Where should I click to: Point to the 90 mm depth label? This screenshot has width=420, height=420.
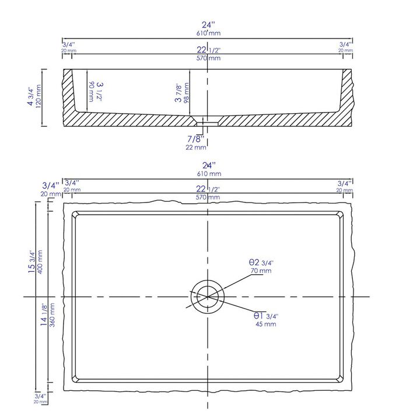(x=92, y=92)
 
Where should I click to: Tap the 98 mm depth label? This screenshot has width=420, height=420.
(x=187, y=92)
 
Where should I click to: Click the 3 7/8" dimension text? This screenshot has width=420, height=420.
(x=178, y=92)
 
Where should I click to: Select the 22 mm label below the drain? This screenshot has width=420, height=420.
(x=196, y=147)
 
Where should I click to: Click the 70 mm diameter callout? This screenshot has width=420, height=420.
(x=261, y=271)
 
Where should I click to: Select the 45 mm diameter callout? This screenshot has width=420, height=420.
(x=266, y=324)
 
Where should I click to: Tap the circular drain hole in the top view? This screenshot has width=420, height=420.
(x=208, y=296)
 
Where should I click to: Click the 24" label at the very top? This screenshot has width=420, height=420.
(x=208, y=24)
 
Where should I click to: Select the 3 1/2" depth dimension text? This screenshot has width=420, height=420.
(x=100, y=92)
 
